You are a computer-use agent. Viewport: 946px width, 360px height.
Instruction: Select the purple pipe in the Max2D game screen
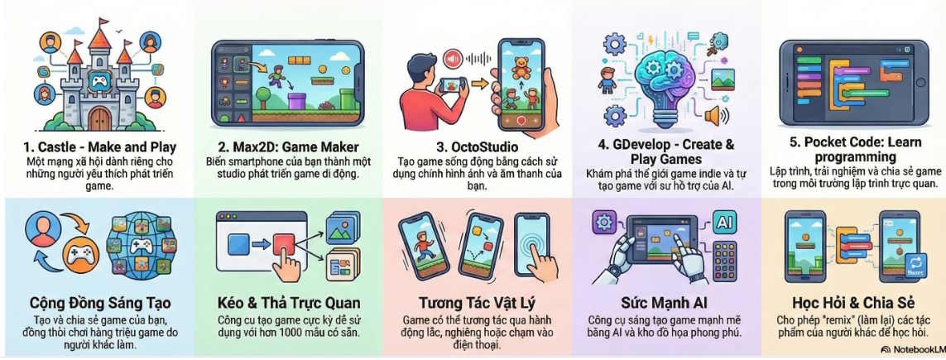click(x=296, y=99)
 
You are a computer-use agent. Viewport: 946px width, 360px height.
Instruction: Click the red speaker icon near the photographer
click(x=451, y=58)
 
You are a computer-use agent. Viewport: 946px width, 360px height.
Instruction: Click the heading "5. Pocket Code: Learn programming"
click(x=855, y=149)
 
